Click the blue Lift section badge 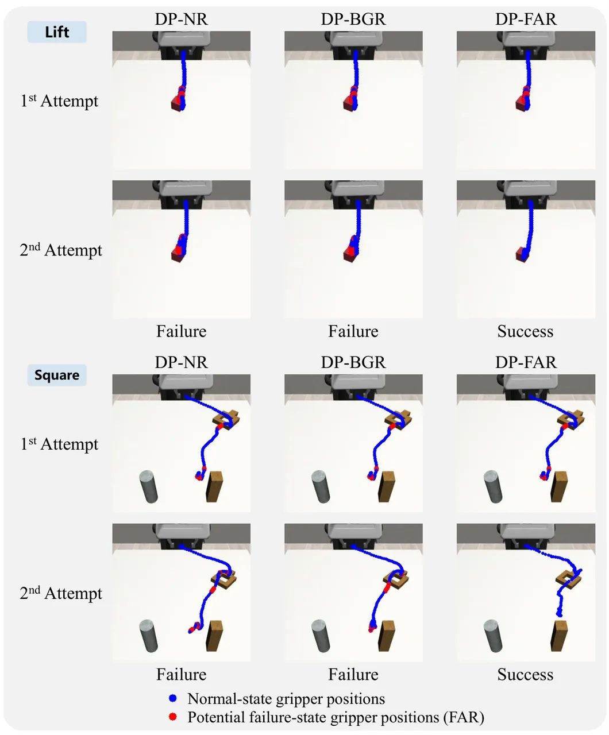(57, 32)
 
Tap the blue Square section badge (57, 375)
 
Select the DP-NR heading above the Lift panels (182, 19)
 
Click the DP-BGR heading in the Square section (353, 362)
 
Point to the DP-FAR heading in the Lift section (526, 19)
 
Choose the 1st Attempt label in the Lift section (59, 100)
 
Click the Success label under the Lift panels (525, 331)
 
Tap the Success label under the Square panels (525, 674)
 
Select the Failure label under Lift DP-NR (182, 331)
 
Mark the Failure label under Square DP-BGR (353, 674)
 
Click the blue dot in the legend (172, 698)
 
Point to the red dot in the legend (172, 717)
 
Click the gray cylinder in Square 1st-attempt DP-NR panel (148, 487)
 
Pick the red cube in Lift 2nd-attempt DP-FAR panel (521, 254)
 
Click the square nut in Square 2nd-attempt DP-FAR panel (568, 579)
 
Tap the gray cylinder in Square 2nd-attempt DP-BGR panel (321, 636)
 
